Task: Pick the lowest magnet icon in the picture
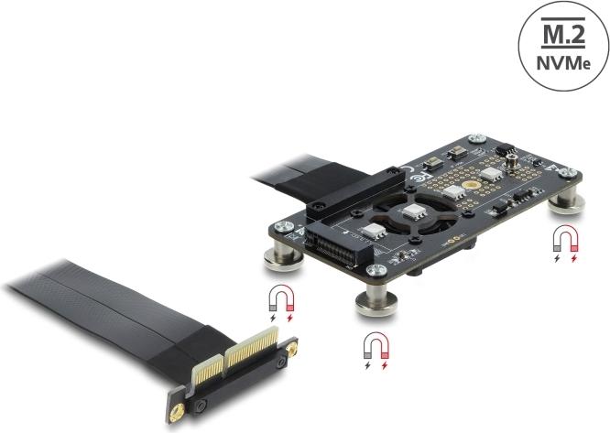(375, 347)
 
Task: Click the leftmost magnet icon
(278, 299)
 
